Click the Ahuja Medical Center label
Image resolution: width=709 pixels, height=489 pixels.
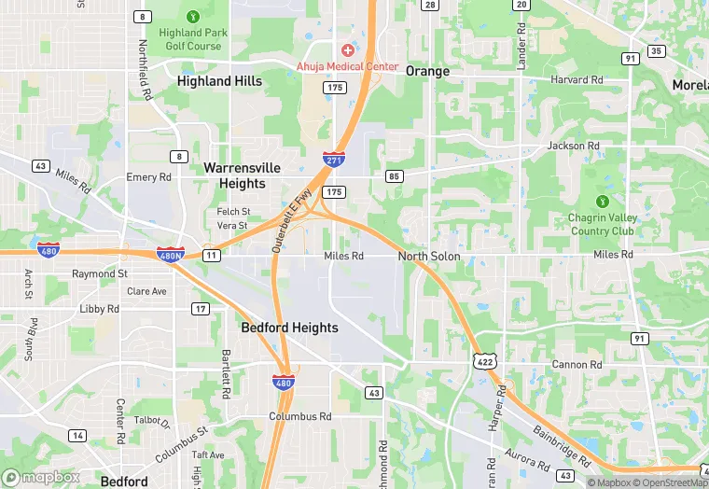click(x=347, y=67)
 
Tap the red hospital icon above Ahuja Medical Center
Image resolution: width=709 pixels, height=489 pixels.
click(x=347, y=49)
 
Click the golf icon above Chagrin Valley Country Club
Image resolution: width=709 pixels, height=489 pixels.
click(x=603, y=201)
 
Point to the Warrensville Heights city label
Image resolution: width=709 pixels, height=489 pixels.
click(x=242, y=175)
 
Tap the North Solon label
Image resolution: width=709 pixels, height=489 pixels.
click(x=429, y=256)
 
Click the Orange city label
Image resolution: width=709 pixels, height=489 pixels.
click(x=427, y=71)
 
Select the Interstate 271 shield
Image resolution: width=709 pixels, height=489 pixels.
click(x=332, y=160)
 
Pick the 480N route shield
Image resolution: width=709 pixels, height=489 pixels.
click(x=171, y=254)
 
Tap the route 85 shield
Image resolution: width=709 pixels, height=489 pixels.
click(x=394, y=175)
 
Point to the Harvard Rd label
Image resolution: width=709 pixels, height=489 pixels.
click(x=577, y=80)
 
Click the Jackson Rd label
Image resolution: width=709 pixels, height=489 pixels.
click(x=573, y=147)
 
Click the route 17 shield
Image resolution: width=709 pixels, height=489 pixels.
click(x=201, y=308)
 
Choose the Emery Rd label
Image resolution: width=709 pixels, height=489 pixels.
click(x=149, y=177)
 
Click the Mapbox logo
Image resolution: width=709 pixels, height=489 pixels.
click(x=41, y=477)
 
